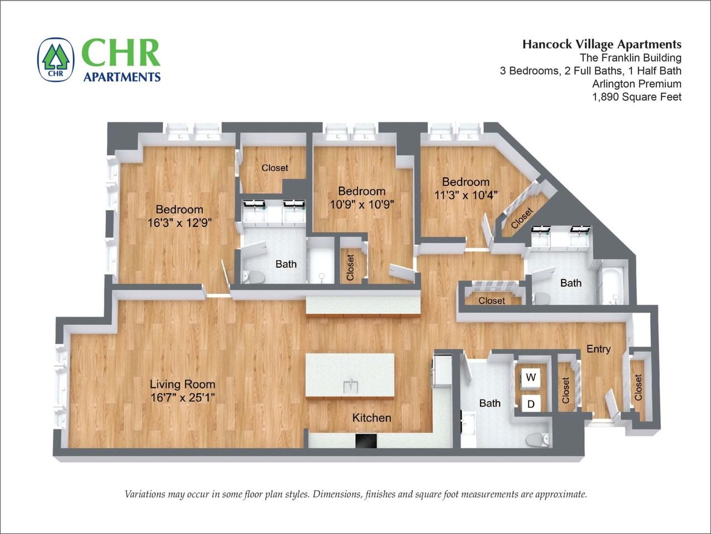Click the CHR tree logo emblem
[56, 60]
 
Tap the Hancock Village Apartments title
[602, 44]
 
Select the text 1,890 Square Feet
[637, 97]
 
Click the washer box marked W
[530, 378]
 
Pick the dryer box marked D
[530, 404]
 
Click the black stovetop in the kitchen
[366, 441]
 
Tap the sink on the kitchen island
[351, 385]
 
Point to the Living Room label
[182, 384]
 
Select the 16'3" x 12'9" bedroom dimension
[180, 223]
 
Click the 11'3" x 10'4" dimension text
[466, 195]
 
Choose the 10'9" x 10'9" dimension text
[362, 205]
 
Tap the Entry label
[599, 349]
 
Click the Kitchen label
[371, 418]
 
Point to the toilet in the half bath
[537, 439]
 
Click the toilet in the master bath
[254, 278]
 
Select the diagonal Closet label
[522, 218]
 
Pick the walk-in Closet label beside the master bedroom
[275, 168]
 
